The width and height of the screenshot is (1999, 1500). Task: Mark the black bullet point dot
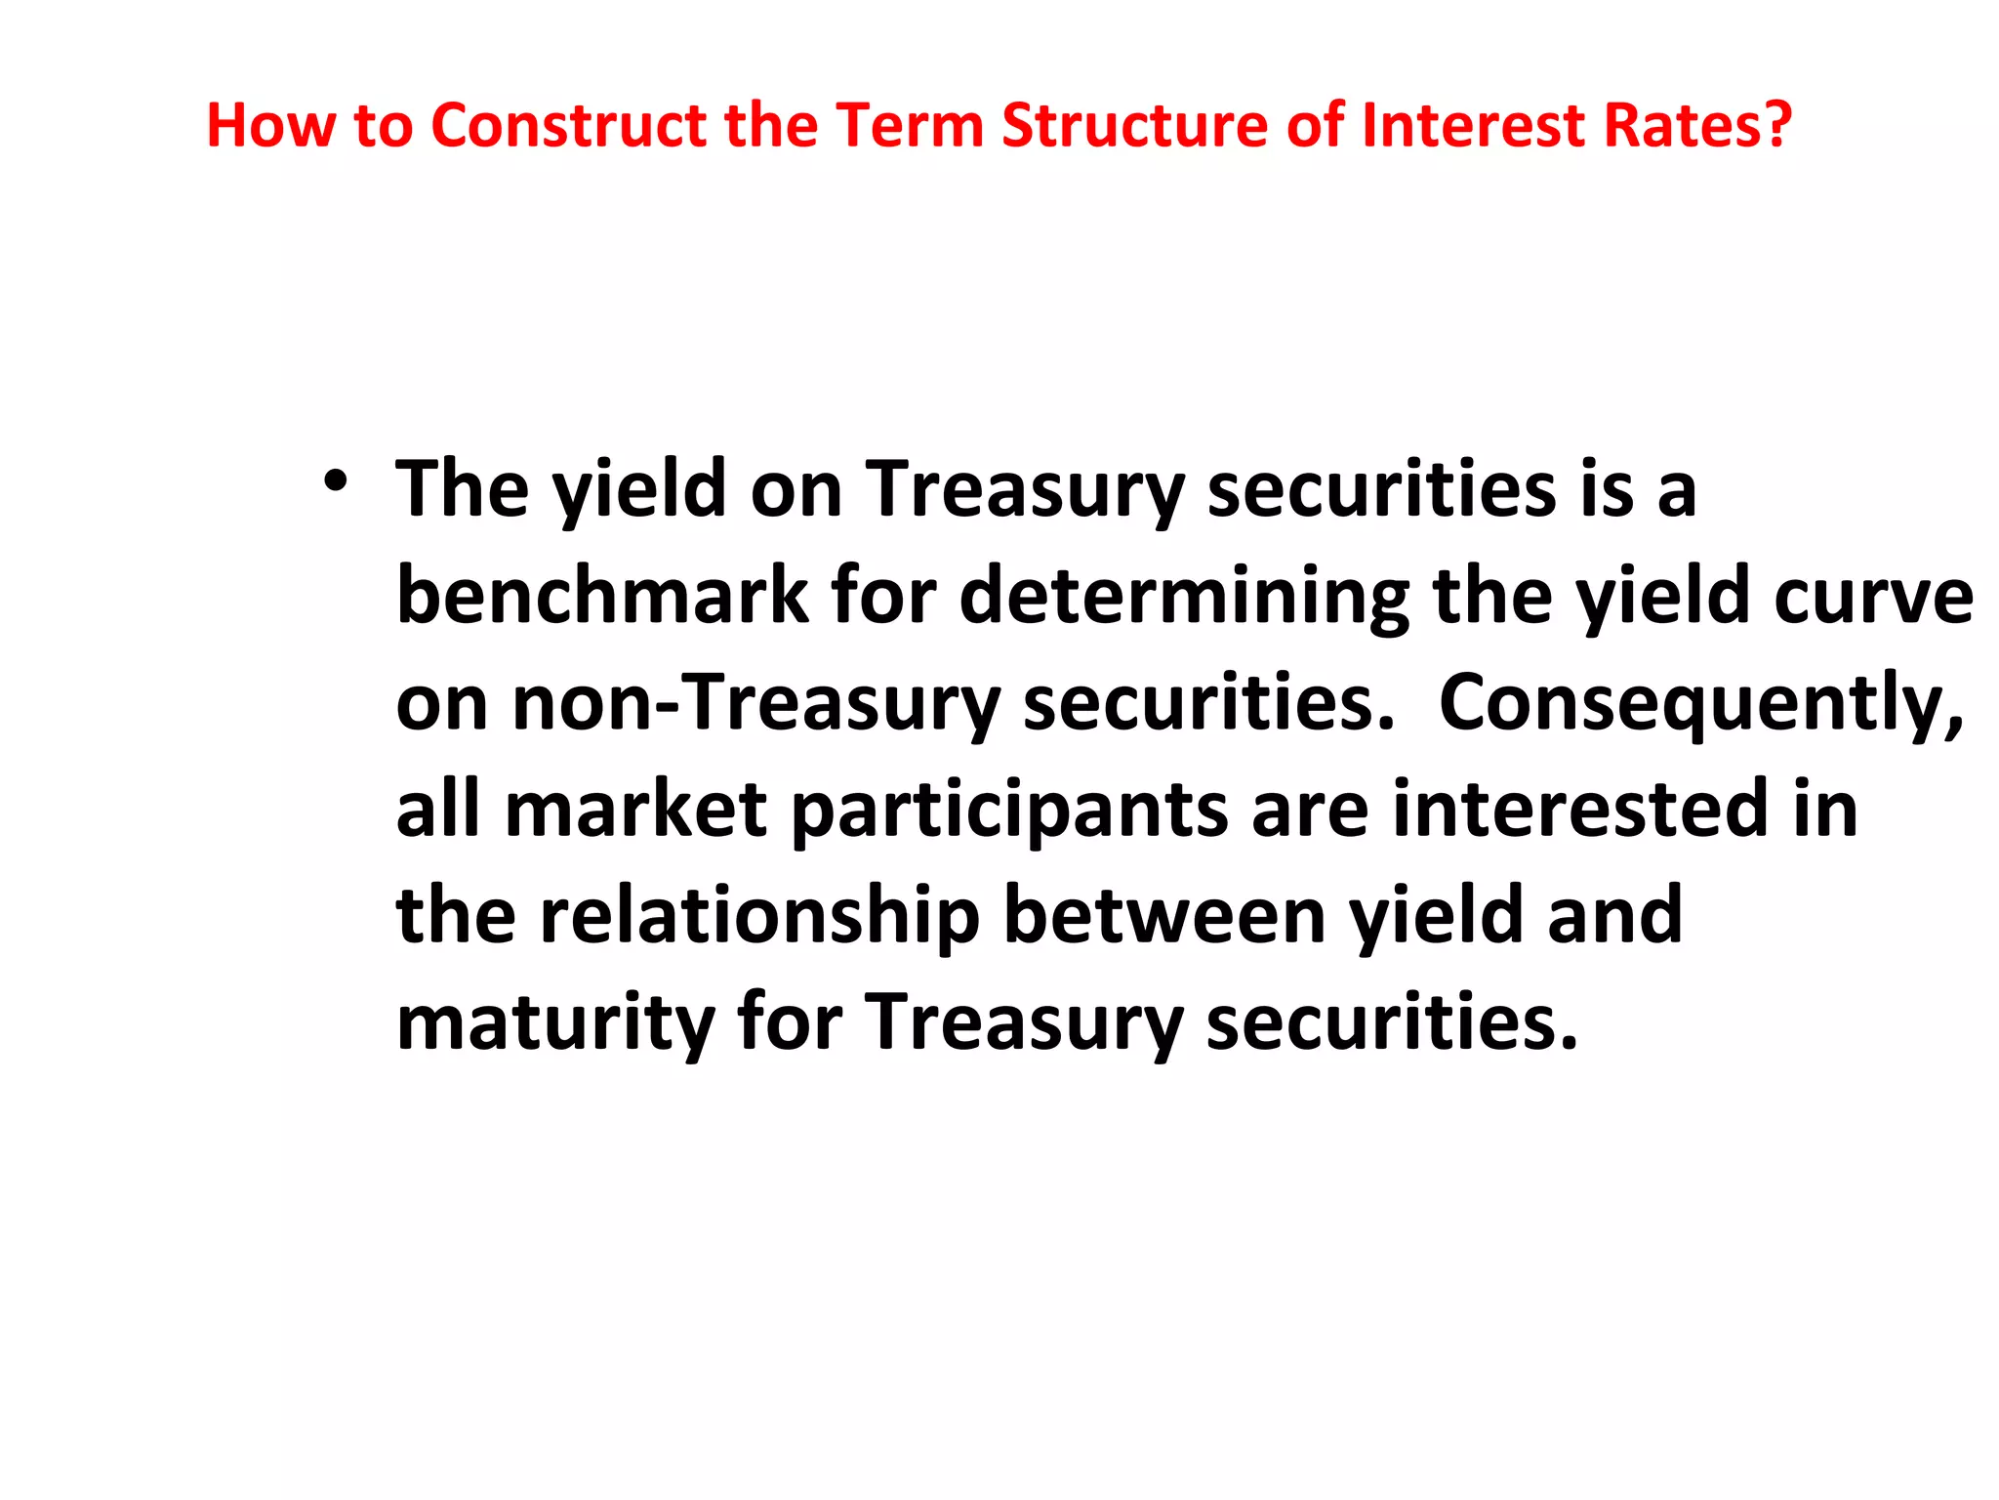coord(336,481)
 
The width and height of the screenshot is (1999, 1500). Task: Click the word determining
coord(1184,598)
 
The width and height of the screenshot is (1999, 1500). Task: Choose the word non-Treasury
coord(698,704)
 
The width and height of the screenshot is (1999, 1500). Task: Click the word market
coord(635,810)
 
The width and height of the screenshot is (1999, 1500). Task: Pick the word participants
coord(1009,812)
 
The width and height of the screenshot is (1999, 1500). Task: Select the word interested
coord(1580,810)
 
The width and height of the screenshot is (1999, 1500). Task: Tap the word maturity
coord(555,1023)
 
